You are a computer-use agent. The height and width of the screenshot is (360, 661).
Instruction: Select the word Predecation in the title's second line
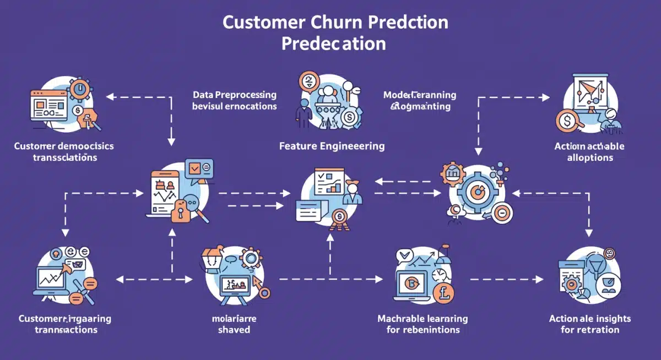tap(333, 43)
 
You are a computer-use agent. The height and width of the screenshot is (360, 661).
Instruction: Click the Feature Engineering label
tap(332, 146)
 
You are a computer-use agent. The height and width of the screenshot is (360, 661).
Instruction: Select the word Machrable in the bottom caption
tap(400, 319)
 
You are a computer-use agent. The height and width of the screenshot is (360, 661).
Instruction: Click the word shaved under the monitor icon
tap(234, 330)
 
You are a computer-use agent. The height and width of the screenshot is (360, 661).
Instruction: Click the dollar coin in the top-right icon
tap(565, 119)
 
